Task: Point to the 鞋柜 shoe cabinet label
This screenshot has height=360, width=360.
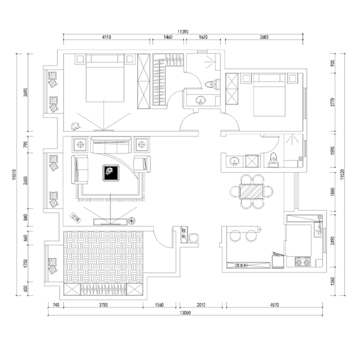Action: click(x=184, y=233)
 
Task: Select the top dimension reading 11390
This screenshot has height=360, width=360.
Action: click(x=183, y=31)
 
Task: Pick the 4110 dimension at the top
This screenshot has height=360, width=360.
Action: click(x=107, y=37)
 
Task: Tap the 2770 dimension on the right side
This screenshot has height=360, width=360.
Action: click(x=332, y=102)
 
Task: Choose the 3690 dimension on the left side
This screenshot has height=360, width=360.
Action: click(x=25, y=92)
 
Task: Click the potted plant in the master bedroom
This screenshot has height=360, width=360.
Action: click(x=74, y=126)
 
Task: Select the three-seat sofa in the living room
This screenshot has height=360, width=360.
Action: click(x=111, y=144)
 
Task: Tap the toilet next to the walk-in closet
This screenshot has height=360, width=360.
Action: click(x=211, y=84)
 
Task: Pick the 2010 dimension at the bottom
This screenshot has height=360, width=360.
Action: click(x=201, y=306)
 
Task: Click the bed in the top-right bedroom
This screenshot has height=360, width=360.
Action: click(x=269, y=95)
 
